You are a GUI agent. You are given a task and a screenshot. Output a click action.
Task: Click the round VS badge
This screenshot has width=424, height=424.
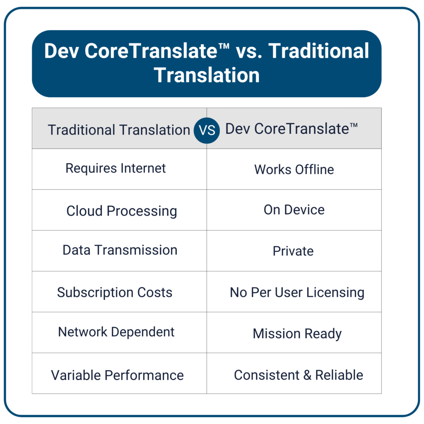pos(207,130)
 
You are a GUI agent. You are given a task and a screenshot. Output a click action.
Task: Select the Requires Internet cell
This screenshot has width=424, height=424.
pos(119,169)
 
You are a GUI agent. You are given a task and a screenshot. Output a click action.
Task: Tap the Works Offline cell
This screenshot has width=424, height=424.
pos(294,169)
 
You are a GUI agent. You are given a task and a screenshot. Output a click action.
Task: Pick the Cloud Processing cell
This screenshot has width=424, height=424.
pos(119,210)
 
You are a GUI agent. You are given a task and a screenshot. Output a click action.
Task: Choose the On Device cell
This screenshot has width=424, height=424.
pos(294,210)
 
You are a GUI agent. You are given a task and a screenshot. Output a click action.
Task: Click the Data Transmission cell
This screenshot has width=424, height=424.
pos(119,251)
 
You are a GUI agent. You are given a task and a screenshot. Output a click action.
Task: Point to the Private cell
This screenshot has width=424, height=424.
pos(294,251)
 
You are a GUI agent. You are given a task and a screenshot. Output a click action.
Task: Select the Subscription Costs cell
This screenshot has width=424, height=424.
pos(119,291)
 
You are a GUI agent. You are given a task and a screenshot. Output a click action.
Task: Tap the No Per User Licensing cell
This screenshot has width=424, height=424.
pos(294,291)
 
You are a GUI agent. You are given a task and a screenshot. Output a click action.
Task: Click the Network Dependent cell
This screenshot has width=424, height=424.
pos(119,332)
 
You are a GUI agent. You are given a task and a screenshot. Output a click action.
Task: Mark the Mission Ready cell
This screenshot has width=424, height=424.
pos(294,332)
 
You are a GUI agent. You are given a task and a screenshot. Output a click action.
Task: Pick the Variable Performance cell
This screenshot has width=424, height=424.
pos(119,373)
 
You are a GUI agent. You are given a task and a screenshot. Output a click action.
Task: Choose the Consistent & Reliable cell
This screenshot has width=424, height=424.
pos(294,373)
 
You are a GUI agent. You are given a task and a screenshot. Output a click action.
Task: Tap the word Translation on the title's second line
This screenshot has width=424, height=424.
pos(207,75)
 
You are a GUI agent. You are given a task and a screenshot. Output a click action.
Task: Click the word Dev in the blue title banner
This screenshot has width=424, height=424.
pos(62,51)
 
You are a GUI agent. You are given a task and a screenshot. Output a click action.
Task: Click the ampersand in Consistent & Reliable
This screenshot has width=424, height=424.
pos(307,375)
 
